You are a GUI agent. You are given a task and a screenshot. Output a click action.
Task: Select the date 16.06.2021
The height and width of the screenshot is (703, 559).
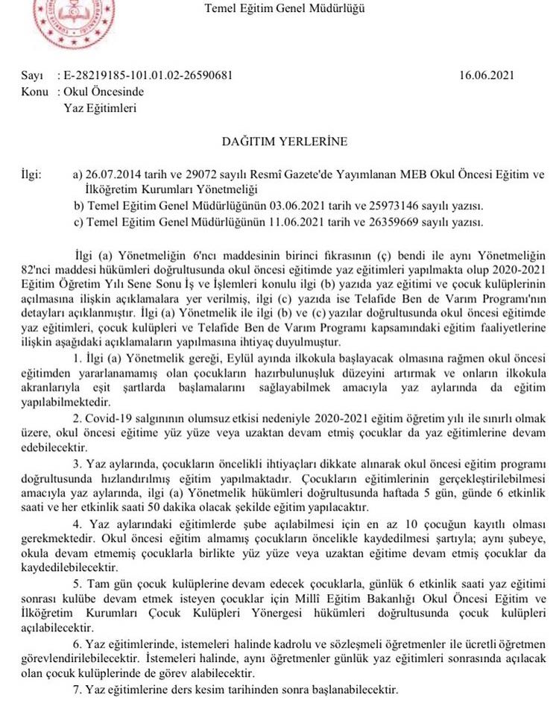[x=487, y=75]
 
